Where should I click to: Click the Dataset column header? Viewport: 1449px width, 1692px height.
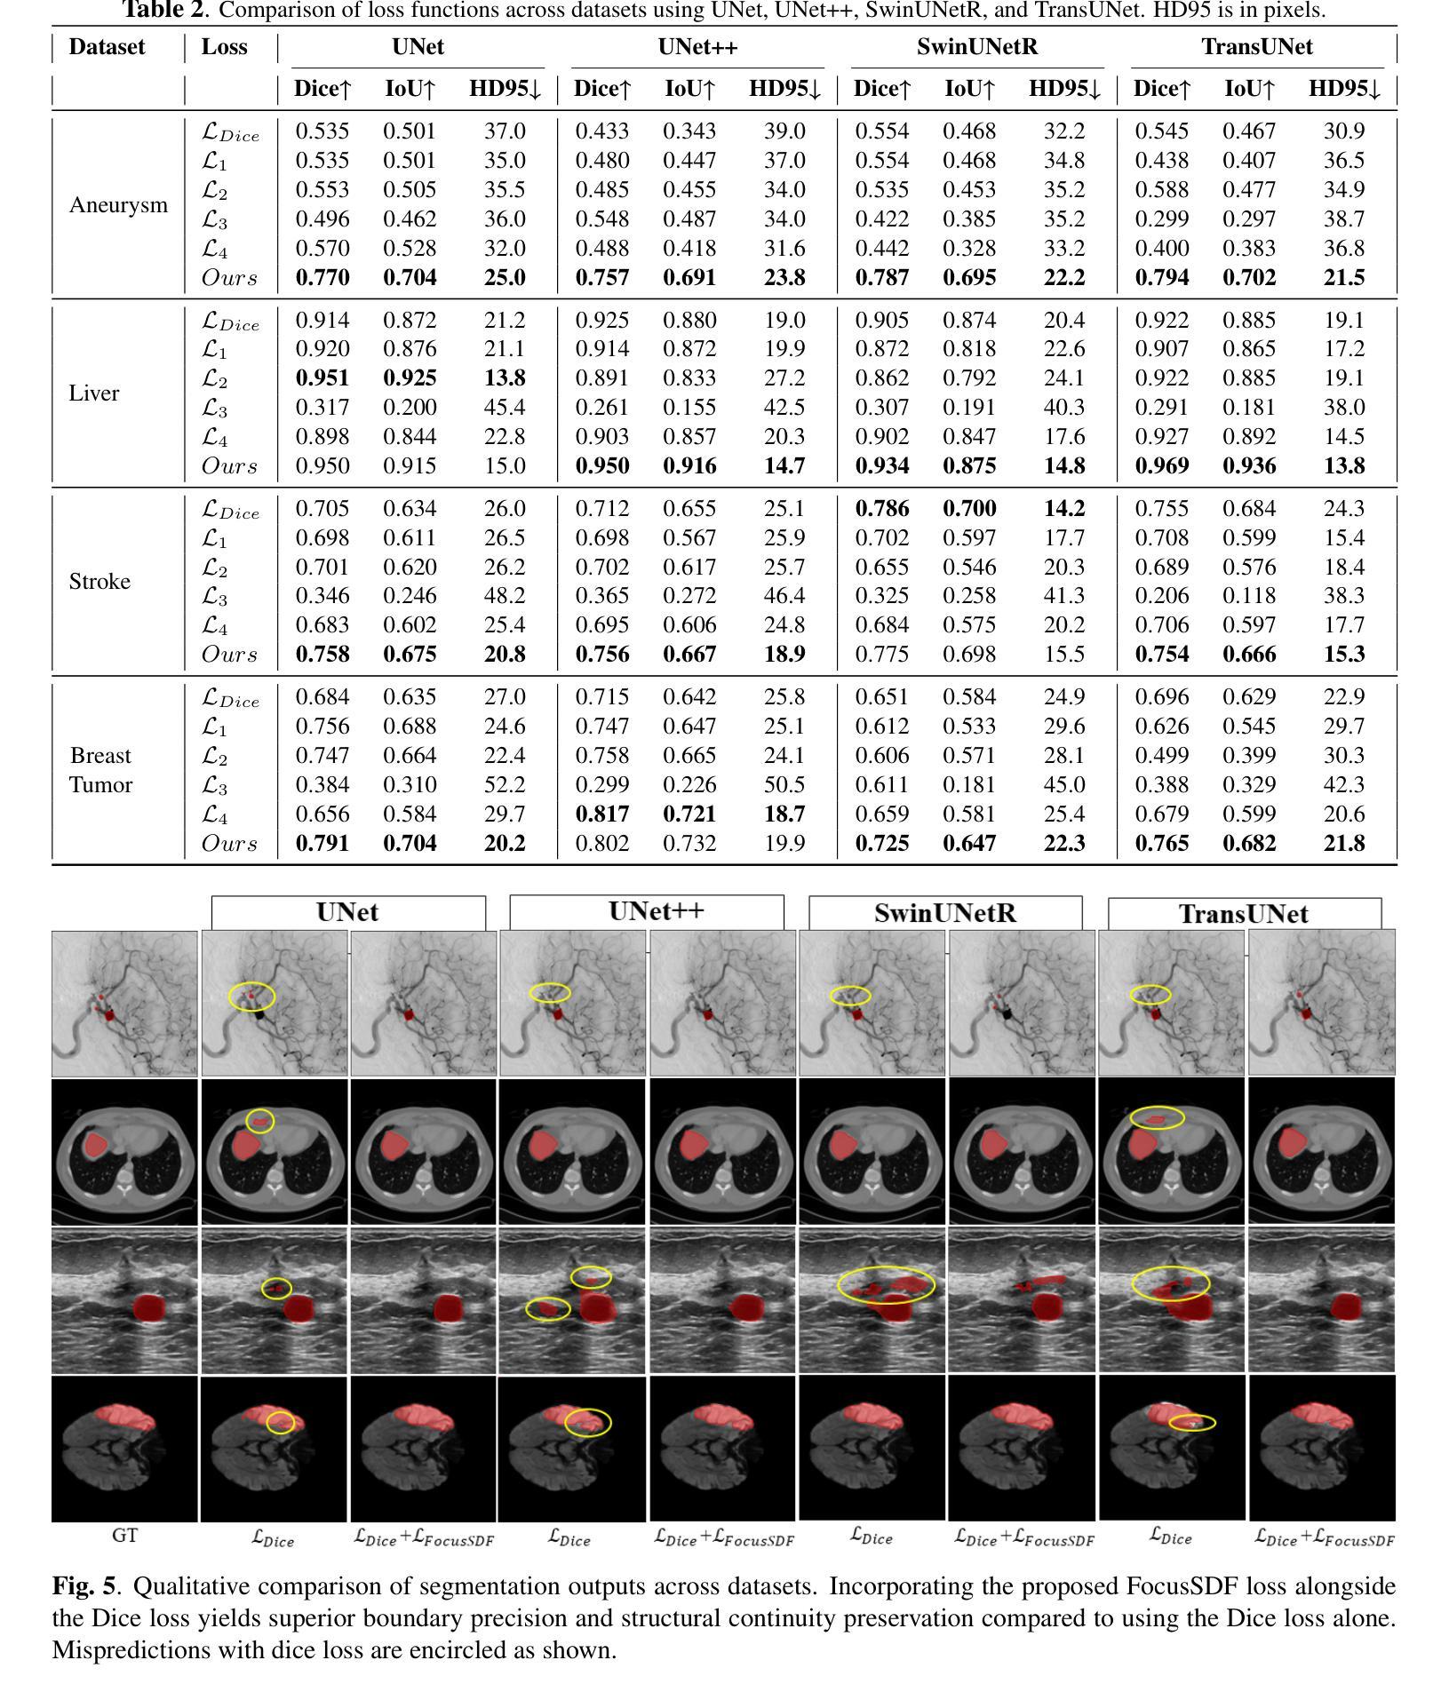[x=107, y=47]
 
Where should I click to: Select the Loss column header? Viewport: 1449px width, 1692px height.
[x=224, y=47]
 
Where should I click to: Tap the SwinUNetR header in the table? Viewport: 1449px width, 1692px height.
[x=977, y=47]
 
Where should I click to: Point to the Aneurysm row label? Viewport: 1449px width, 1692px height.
[x=118, y=205]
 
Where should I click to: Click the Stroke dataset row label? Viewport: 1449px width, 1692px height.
[x=100, y=582]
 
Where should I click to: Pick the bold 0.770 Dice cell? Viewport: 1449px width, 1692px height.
[x=322, y=278]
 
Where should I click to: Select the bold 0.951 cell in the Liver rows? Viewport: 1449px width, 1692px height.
[x=322, y=378]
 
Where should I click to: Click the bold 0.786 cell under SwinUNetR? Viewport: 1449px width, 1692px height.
[x=881, y=509]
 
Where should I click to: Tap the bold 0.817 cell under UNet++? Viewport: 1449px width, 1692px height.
[x=601, y=814]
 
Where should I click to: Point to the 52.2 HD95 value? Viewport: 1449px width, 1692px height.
[x=505, y=785]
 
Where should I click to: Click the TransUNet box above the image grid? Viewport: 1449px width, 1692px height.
[x=1244, y=914]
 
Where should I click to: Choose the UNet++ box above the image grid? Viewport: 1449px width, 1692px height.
[x=646, y=912]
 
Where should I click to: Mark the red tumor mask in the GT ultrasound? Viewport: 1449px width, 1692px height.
[x=148, y=1308]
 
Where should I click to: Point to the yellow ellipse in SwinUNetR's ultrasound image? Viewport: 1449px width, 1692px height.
[x=887, y=1284]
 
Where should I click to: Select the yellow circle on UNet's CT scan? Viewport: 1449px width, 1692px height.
[x=260, y=1121]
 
